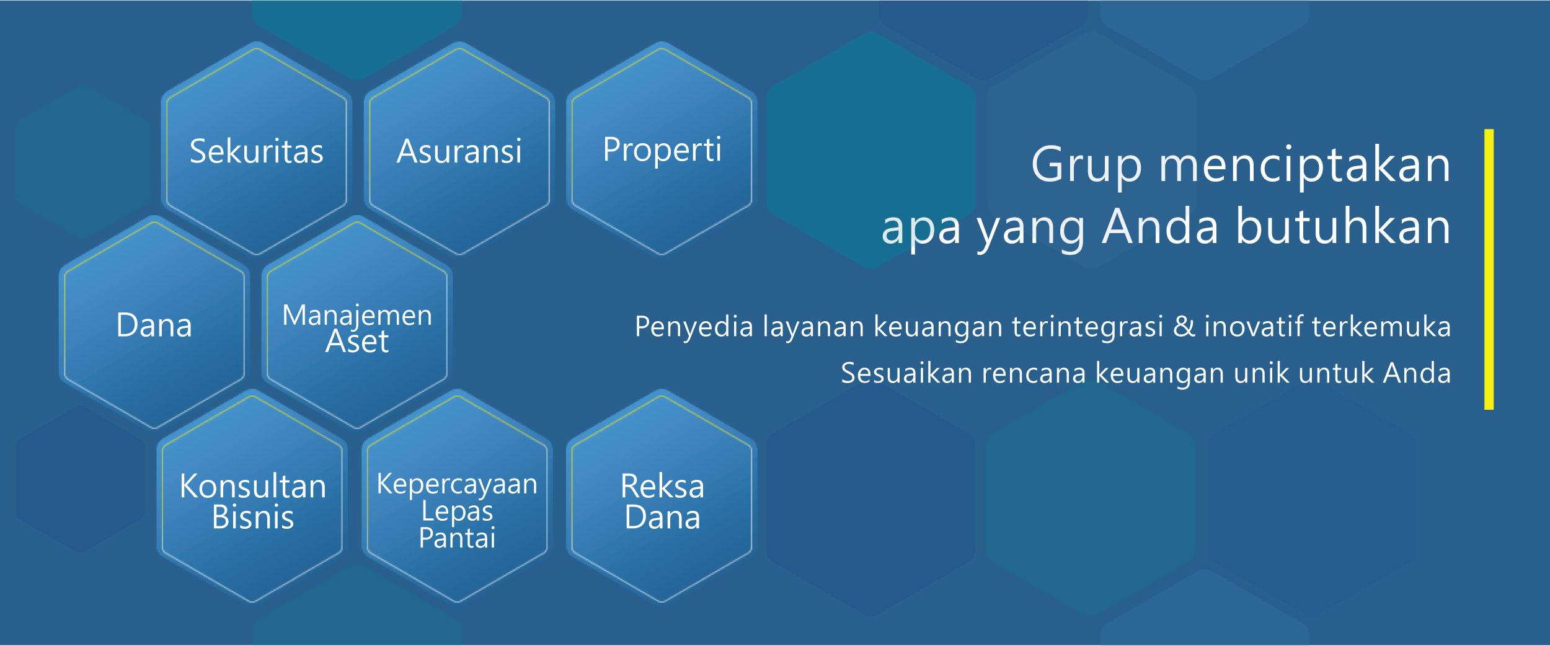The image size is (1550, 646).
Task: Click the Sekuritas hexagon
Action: coord(257,149)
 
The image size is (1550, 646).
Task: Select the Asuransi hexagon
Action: coord(459,149)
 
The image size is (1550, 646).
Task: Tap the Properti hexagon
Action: coord(662,149)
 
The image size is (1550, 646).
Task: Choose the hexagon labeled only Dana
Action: coord(154,322)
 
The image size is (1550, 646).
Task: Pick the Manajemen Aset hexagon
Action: coord(357,322)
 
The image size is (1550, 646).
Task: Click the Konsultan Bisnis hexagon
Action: coord(252,496)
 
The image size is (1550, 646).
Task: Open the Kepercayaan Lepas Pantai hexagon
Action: coord(458,496)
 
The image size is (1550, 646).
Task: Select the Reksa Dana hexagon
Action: coord(662,496)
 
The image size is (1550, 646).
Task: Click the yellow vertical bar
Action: coord(1489,269)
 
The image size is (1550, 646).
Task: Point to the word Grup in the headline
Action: coord(1086,166)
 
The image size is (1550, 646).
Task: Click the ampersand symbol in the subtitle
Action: coord(1184,327)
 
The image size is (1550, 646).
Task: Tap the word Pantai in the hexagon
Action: coord(457,538)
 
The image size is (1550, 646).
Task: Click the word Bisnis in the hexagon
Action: coord(252,517)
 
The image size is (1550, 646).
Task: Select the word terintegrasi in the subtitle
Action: coord(1087,327)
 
